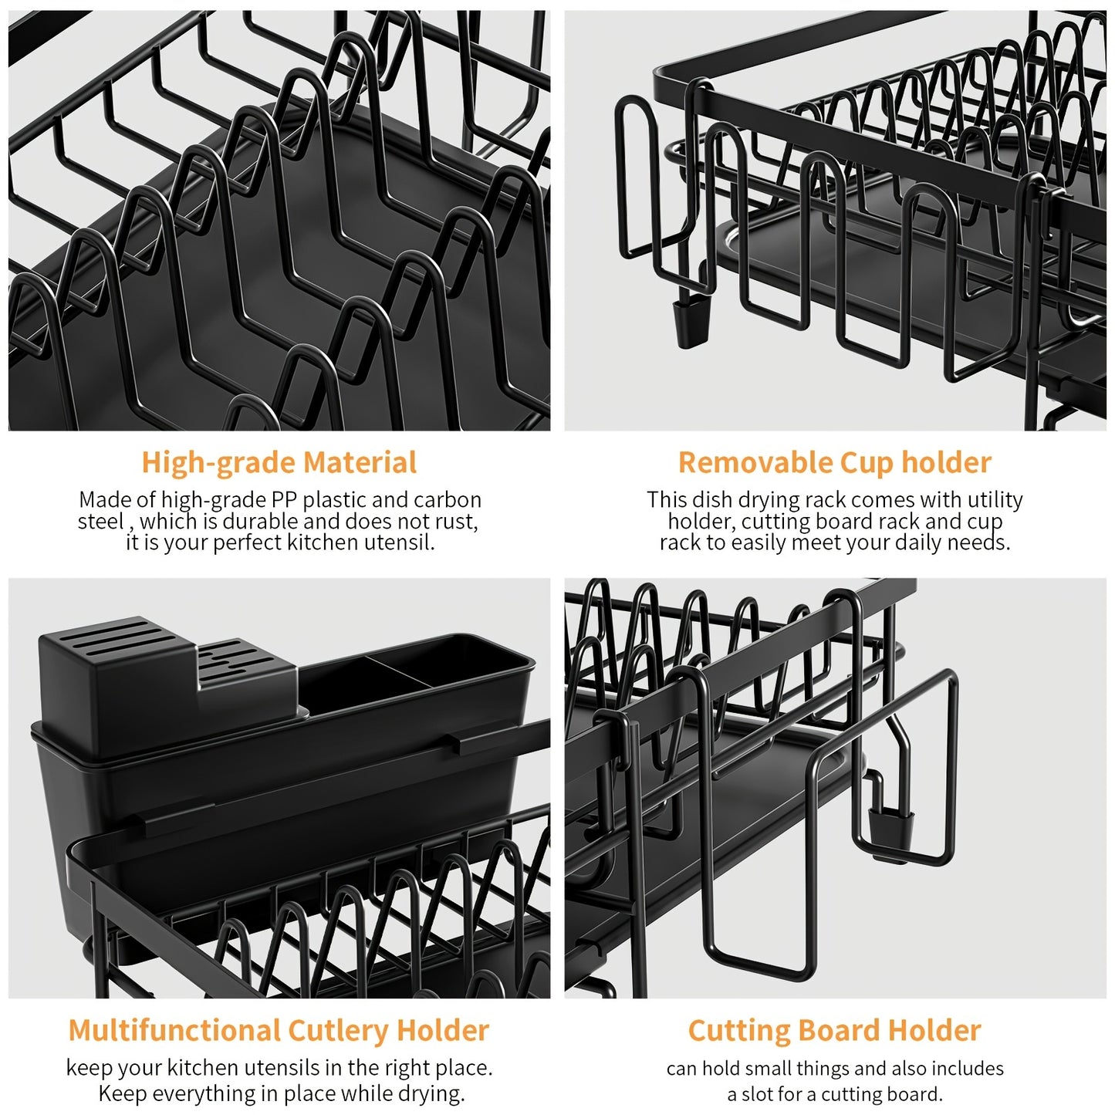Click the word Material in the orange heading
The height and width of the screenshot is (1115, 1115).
tap(360, 463)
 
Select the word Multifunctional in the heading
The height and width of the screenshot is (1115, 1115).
tap(174, 1031)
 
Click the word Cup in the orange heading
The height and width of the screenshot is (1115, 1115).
tap(867, 463)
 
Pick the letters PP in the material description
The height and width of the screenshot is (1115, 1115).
tap(285, 500)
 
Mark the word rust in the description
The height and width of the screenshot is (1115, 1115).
tap(459, 522)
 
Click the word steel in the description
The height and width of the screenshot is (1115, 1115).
tap(100, 522)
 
